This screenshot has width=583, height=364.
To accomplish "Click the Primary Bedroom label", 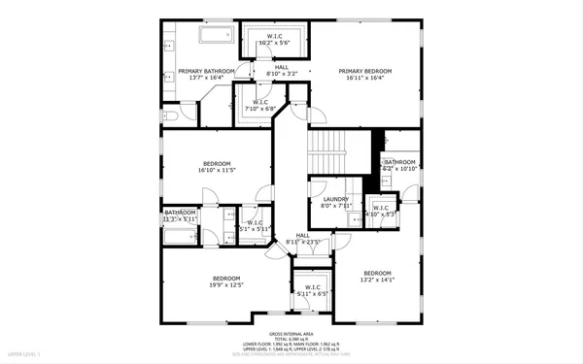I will coord(365,71).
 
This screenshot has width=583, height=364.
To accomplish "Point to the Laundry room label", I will coord(335,199).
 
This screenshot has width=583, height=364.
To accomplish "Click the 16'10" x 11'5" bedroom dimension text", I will coord(217,170).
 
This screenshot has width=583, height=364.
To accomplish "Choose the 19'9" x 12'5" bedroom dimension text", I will coord(225,283).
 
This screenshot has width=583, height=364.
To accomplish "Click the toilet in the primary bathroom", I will coord(170,116).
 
